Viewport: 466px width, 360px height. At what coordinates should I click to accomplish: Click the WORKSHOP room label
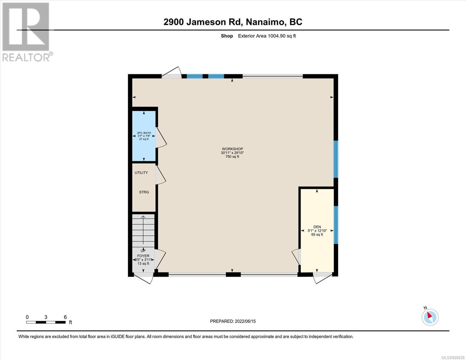point(232,149)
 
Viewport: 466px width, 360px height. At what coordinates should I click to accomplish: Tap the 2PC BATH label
point(144,133)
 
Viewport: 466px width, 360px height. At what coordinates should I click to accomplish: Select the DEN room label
point(317,227)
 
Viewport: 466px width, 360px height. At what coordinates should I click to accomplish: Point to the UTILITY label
point(141,172)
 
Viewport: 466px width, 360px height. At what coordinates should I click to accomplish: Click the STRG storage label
point(144,192)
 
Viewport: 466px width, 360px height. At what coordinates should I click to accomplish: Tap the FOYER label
point(143,256)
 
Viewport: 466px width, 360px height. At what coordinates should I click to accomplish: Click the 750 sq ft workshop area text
point(232,157)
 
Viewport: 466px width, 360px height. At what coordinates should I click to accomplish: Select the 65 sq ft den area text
point(317,235)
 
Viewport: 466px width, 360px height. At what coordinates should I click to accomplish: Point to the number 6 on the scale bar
point(65,317)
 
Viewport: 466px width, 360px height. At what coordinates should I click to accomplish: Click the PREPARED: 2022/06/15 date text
point(233,321)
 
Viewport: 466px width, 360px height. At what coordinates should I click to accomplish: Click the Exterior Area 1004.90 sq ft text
point(267,36)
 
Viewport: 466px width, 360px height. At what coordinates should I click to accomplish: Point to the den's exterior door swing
point(323,278)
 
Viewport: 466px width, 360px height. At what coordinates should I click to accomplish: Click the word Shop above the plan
point(227,36)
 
